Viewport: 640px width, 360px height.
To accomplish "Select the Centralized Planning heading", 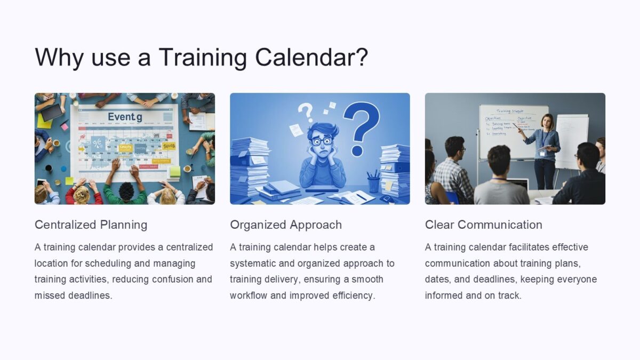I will point(91,225).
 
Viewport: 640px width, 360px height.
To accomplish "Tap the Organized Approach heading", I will point(286,225).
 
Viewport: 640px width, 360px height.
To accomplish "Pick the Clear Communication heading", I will point(483,225).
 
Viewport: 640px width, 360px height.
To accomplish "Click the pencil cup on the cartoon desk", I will point(373,183).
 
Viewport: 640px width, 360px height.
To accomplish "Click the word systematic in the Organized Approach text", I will point(254,263).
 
